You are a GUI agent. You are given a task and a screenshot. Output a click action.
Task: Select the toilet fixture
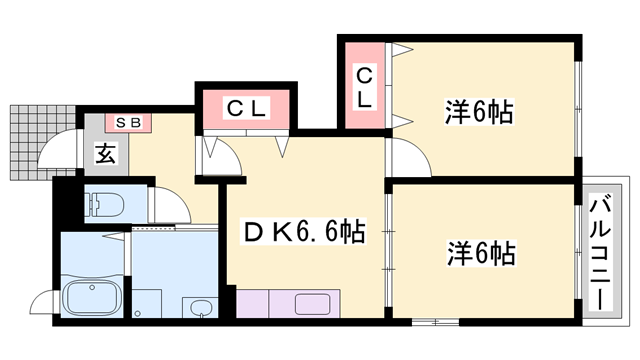coord(103,204)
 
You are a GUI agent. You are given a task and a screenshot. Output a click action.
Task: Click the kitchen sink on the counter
coord(313,302)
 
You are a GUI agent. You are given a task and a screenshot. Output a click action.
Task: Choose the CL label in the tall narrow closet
coord(365,86)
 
